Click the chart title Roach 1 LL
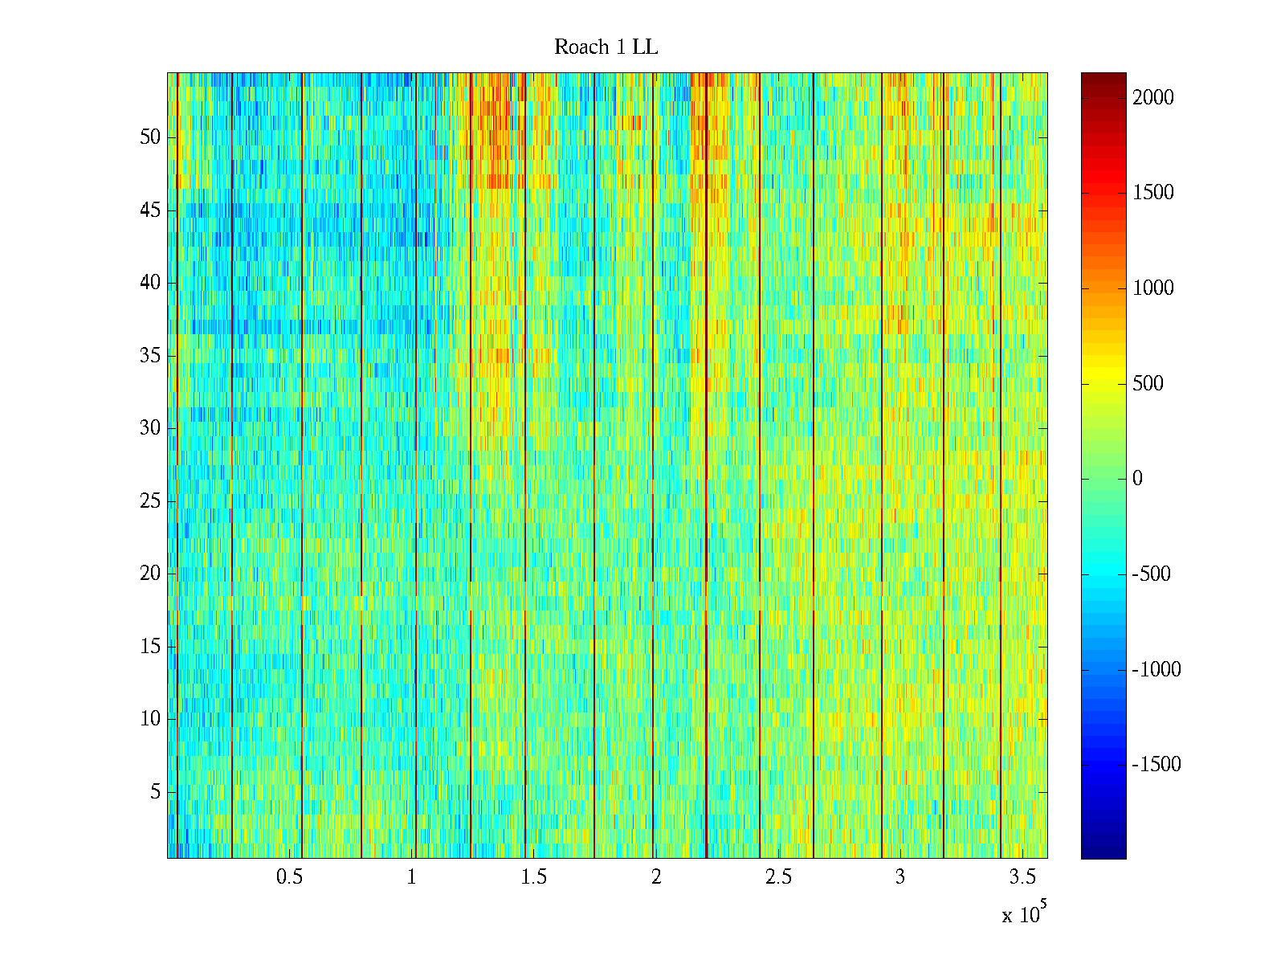606,47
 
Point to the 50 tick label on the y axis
150,137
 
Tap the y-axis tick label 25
150,501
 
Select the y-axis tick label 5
155,792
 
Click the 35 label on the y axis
150,356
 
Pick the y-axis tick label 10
150,719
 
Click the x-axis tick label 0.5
289,877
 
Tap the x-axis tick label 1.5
534,877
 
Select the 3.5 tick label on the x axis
1022,877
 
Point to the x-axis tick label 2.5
778,877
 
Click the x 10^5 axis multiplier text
1023,913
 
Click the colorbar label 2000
1152,98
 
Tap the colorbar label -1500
1156,765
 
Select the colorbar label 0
1137,479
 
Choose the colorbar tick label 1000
1152,288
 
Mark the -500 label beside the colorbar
1152,574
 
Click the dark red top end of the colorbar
1103,77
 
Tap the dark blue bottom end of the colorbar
1103,854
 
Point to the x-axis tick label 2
656,877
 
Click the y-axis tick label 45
150,210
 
